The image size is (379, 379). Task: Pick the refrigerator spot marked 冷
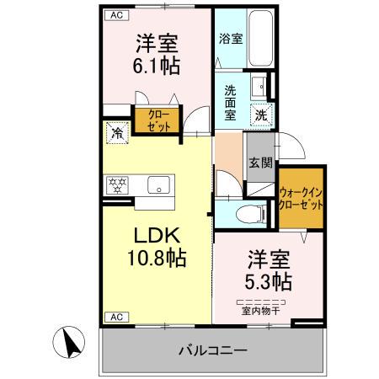click(x=116, y=132)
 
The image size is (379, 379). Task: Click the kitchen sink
click(x=157, y=185)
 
